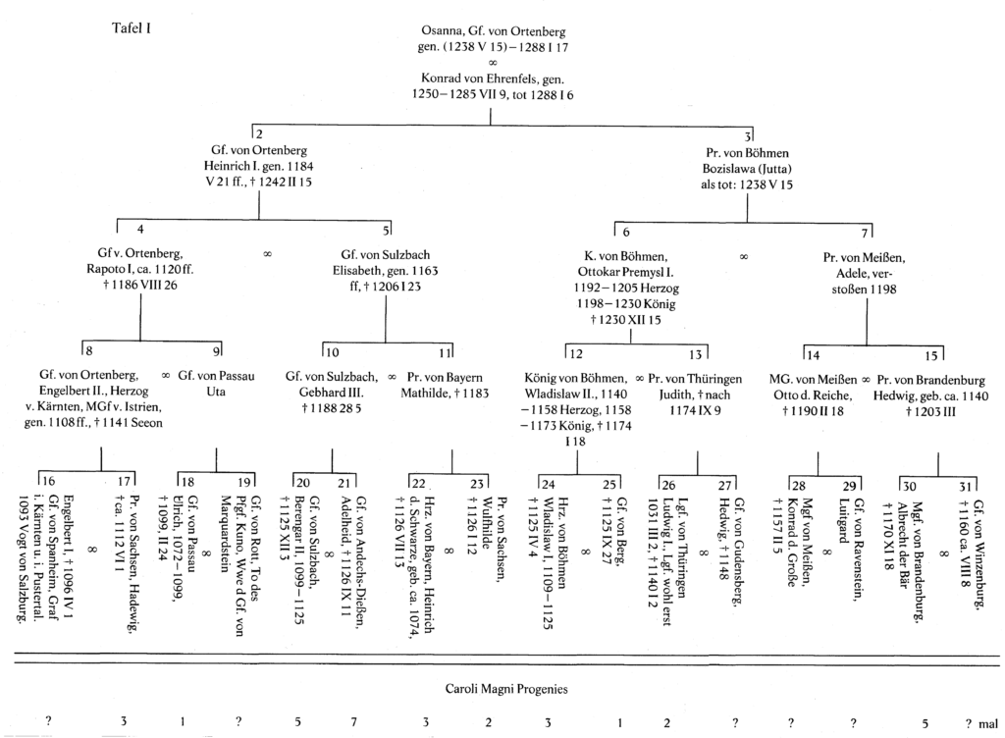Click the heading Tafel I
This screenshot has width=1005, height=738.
(132, 28)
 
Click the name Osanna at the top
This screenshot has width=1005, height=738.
(442, 31)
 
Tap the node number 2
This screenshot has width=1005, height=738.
(259, 134)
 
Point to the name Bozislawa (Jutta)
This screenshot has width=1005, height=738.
(747, 169)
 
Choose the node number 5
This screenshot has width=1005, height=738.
(386, 230)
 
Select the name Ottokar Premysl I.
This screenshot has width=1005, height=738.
(625, 272)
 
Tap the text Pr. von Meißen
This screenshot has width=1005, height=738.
(864, 258)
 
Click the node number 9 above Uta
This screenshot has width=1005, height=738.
(217, 350)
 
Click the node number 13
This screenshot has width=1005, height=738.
(696, 354)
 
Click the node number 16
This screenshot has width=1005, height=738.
(48, 481)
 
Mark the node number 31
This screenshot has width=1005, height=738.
(966, 487)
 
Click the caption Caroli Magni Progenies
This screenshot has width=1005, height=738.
(506, 689)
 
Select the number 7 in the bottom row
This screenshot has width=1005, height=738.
(353, 722)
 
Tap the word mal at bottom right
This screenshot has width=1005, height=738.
(988, 724)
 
